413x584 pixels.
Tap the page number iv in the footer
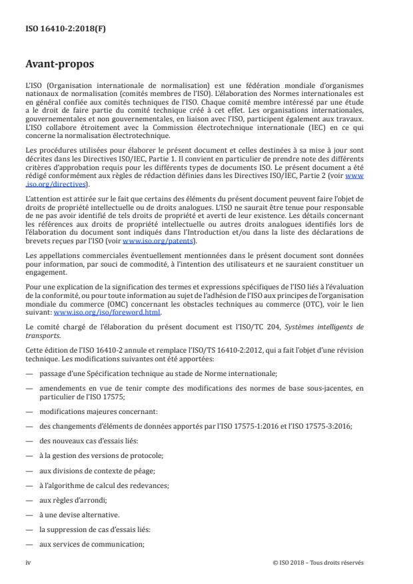(29, 562)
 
